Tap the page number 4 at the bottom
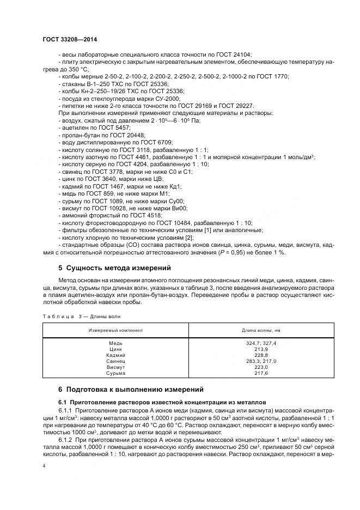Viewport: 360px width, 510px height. tap(44, 467)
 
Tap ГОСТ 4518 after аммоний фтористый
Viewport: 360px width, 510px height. tap(143, 215)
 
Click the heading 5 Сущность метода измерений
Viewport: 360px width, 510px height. tap(114, 268)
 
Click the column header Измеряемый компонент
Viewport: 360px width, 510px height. tap(116, 330)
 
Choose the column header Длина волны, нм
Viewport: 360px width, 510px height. tap(261, 330)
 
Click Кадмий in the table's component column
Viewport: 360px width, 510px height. tap(116, 355)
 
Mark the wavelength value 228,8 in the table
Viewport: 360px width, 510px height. tap(261, 355)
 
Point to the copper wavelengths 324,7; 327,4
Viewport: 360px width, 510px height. tap(261, 343)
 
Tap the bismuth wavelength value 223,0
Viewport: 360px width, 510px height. tap(261, 367)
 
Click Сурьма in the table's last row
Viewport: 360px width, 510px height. tap(116, 373)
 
